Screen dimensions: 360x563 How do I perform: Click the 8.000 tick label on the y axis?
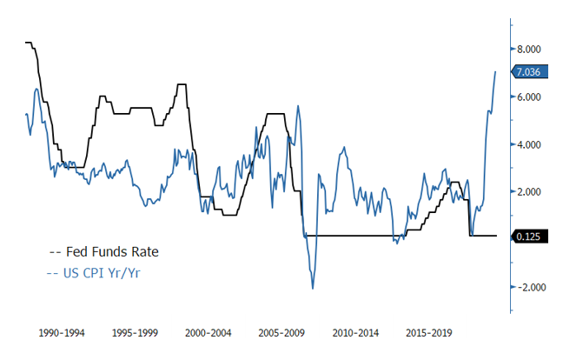tap(528, 50)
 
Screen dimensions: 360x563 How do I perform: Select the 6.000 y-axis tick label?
tap(528, 97)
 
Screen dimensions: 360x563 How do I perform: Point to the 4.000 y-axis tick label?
tap(528, 144)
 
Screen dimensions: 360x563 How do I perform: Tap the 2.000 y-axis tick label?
tap(528, 191)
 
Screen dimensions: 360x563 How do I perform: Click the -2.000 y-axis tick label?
tap(527, 287)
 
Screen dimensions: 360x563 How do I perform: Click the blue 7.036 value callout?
tap(529, 72)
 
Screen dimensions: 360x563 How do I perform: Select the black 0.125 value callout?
tap(529, 236)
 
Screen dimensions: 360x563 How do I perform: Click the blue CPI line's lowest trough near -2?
tap(313, 288)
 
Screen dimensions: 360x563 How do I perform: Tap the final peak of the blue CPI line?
tap(495, 72)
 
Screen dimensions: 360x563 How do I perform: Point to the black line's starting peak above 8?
tap(29, 43)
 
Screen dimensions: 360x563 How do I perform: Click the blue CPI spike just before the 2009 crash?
tap(298, 106)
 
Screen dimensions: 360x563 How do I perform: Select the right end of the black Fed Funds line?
tap(495, 236)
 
